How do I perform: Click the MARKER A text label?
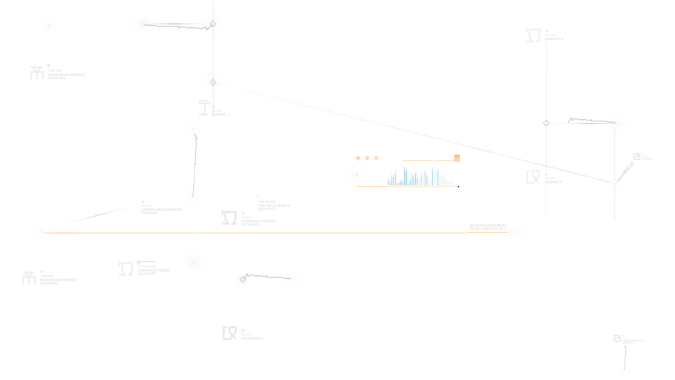click(554, 39)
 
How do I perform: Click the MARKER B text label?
click(553, 182)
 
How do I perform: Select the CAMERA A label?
click(220, 115)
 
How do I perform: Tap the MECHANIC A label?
click(252, 338)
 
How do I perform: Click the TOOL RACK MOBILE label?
click(274, 206)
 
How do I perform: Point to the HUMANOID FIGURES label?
click(258, 221)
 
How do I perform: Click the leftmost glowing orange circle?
click(358, 158)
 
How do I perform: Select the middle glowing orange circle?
click(367, 158)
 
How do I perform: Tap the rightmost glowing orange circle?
click(376, 158)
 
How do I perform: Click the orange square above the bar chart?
click(457, 158)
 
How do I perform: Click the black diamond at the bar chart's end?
click(458, 186)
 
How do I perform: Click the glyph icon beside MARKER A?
click(533, 36)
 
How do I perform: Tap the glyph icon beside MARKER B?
click(533, 177)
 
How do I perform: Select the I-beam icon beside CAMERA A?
click(204, 107)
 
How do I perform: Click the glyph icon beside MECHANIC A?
click(230, 333)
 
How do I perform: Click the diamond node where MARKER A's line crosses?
click(546, 123)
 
